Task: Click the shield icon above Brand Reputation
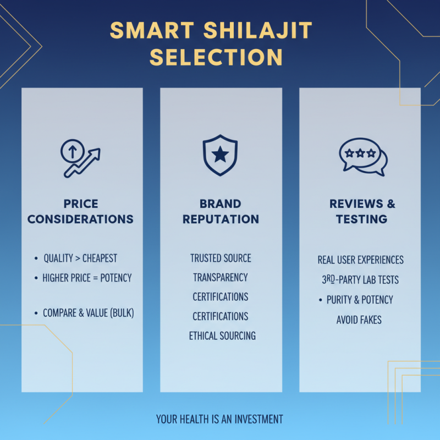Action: (x=220, y=155)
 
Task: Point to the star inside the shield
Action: (x=220, y=156)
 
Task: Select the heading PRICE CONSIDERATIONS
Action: (x=80, y=211)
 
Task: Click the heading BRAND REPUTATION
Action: (x=221, y=211)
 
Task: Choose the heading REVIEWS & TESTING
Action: (x=362, y=211)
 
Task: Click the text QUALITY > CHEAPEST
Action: (x=80, y=258)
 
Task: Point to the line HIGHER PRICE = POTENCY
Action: (x=87, y=278)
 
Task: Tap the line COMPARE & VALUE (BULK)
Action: (x=89, y=313)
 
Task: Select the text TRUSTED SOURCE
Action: (x=221, y=258)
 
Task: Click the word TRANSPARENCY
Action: (x=221, y=277)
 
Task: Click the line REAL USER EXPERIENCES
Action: (x=361, y=260)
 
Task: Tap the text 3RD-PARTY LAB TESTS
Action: (x=360, y=280)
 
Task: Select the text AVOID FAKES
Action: (x=359, y=320)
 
